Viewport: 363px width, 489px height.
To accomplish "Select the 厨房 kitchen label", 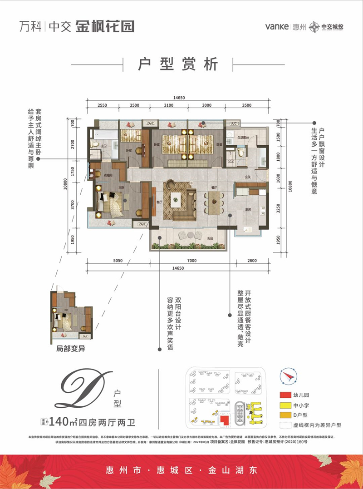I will (x=248, y=209).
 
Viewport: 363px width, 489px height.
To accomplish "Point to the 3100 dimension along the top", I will (x=168, y=105).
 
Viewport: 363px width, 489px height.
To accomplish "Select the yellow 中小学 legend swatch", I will (x=285, y=405).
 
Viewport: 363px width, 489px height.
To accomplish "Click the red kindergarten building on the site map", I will (x=224, y=421).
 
